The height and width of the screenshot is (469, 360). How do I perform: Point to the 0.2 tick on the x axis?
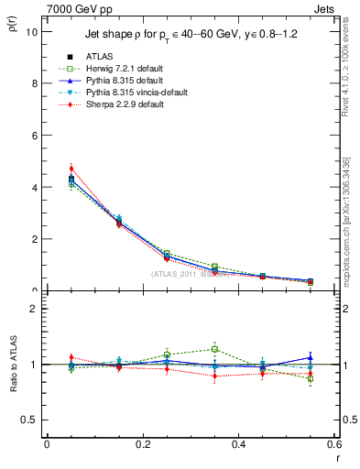(x=142, y=444)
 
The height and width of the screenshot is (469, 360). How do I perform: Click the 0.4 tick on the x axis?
(x=238, y=444)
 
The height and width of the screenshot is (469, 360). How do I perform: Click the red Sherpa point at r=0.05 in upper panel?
(x=71, y=169)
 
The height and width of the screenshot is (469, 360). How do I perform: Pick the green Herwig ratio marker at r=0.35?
(x=214, y=349)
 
